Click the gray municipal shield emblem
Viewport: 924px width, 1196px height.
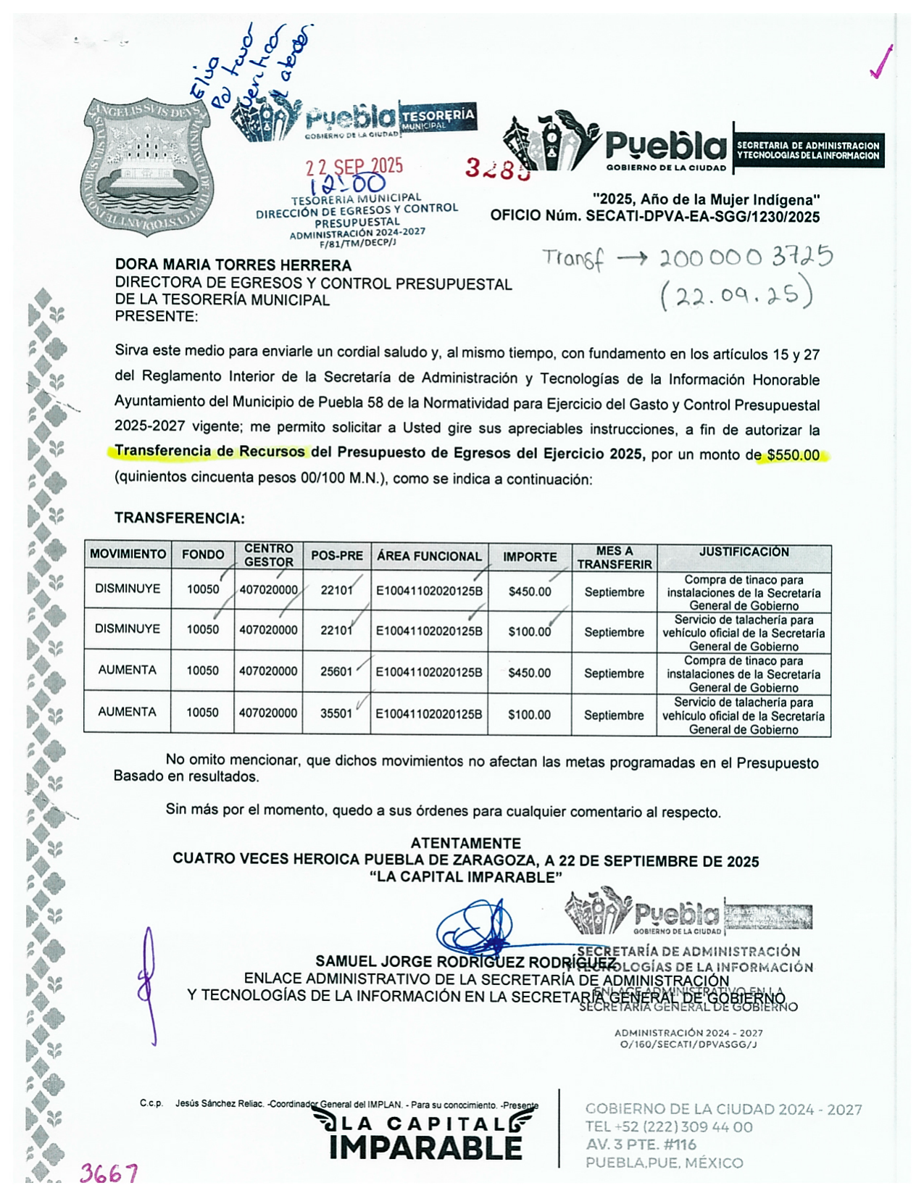147,167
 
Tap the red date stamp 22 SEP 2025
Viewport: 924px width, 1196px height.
354,167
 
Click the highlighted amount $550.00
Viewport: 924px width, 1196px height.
793,455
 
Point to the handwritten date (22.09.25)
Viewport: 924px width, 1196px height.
736,294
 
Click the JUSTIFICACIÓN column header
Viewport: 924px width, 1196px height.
744,552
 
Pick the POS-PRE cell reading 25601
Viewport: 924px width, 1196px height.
336,672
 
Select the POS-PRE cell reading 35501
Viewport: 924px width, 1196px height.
336,713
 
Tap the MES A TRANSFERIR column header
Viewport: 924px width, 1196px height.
615,557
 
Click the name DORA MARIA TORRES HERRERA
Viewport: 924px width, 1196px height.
233,265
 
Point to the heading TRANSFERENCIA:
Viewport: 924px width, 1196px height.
180,518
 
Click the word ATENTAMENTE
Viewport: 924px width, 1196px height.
465,843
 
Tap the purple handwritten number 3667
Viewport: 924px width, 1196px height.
109,1173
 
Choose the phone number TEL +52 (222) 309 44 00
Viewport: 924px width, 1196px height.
668,1127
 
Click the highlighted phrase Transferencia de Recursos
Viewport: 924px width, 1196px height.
209,452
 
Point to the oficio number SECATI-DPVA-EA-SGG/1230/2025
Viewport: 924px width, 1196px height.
702,216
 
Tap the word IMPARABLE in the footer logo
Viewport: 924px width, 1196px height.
425,1148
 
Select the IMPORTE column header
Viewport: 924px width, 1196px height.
530,557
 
